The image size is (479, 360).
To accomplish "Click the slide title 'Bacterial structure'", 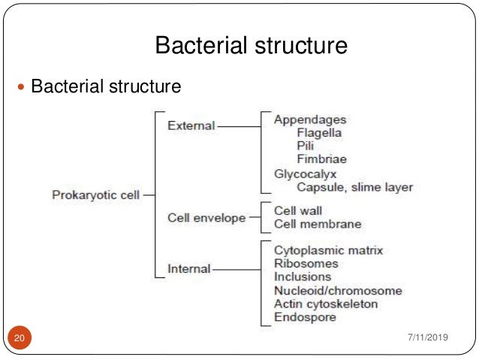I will tap(251, 47).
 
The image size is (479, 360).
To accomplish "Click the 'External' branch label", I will tap(191, 126).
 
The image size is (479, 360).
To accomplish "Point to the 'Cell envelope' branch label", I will tap(206, 218).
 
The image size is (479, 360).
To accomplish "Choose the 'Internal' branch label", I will tap(188, 268).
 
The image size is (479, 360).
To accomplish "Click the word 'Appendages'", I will tap(310, 119).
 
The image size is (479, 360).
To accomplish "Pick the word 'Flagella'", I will tap(320, 132).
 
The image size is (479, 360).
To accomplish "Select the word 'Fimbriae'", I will tap(322, 159).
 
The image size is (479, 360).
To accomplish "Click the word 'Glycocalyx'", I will tap(305, 173).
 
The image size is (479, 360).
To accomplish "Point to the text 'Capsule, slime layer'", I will tap(354, 186).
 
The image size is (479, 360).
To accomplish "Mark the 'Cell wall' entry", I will tap(298, 210).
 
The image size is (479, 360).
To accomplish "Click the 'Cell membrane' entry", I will tap(318, 224).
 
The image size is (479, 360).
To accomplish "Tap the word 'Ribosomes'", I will tap(306, 263).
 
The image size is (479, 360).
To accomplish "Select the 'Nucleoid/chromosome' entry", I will tap(338, 290).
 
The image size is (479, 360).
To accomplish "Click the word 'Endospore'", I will tap(305, 317).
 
